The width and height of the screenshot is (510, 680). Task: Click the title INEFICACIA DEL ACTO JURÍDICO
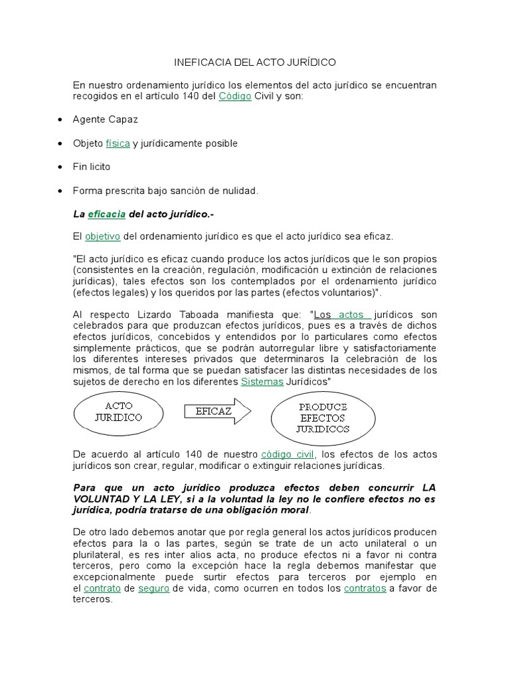coord(255,62)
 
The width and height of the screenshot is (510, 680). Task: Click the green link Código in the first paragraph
coord(234,96)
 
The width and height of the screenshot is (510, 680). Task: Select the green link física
coord(118,143)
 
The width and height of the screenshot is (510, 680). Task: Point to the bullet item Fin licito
coord(92,167)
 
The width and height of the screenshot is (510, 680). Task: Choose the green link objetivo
coord(102,236)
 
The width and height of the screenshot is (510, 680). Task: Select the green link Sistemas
coord(262,382)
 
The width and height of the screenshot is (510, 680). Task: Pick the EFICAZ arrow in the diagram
coord(215,411)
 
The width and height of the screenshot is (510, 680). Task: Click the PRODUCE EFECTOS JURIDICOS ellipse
coord(323,418)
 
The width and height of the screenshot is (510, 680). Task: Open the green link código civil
coord(287,454)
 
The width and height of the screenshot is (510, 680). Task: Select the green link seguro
coord(154,588)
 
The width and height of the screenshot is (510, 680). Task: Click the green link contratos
coord(365,588)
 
